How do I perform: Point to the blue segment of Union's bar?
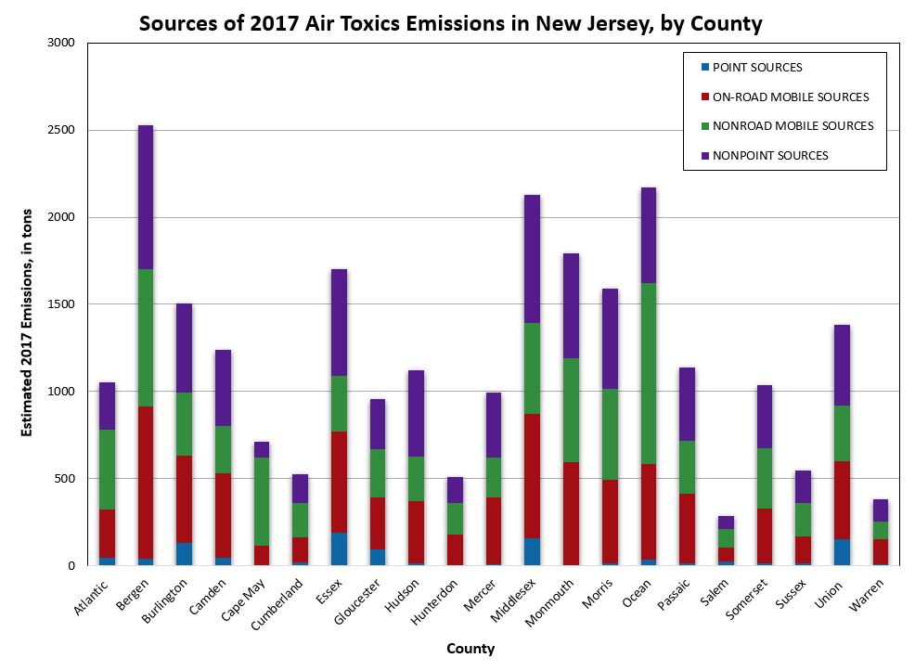[x=843, y=551]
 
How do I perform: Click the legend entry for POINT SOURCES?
[x=756, y=68]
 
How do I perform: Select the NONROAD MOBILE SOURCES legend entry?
[x=792, y=126]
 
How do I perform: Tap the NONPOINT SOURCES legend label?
[x=769, y=156]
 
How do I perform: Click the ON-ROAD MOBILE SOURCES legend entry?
[x=790, y=97]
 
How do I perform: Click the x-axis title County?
[x=470, y=649]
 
